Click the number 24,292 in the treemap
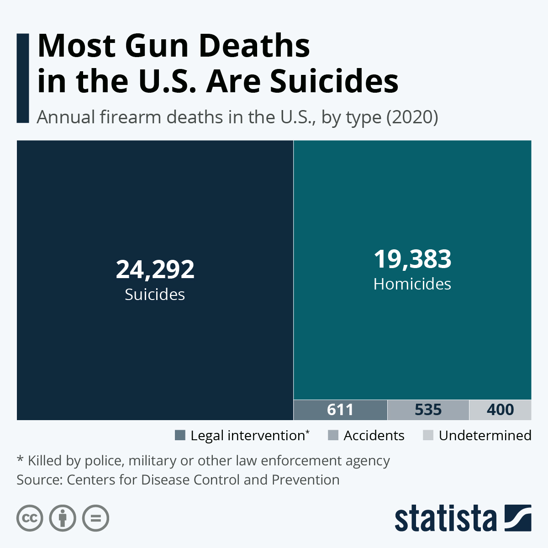tap(155, 269)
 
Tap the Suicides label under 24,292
tap(155, 295)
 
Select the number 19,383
tap(412, 259)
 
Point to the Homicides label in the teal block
tap(412, 284)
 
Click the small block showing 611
tap(340, 410)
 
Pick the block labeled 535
tap(428, 410)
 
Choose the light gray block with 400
tap(500, 410)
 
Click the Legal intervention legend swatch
tap(180, 435)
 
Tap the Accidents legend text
tap(374, 436)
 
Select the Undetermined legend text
tap(485, 436)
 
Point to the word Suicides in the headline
tap(334, 81)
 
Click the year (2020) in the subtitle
tap(412, 117)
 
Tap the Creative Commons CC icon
tap(30, 518)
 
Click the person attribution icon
tap(63, 518)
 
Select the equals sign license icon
tap(95, 518)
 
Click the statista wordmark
tap(446, 519)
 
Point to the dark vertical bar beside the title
tap(23, 78)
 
